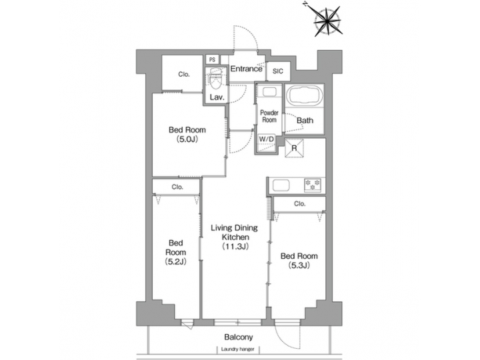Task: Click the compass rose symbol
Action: [x=327, y=19]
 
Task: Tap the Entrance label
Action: [x=246, y=69]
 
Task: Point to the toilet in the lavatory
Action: [x=215, y=82]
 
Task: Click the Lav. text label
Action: [x=217, y=97]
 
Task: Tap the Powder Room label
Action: [x=269, y=116]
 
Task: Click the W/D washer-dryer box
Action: [x=266, y=139]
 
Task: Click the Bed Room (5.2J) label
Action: [x=175, y=252]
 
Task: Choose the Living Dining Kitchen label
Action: [x=234, y=237]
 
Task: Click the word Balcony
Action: [x=237, y=337]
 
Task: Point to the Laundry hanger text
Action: [x=239, y=351]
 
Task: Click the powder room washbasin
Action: [x=269, y=93]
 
